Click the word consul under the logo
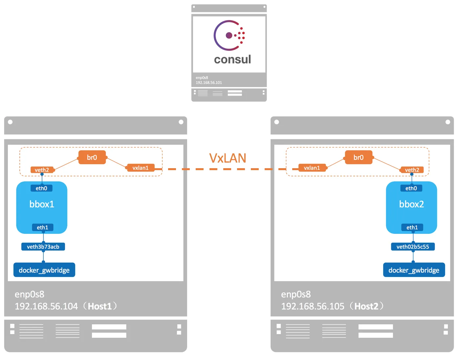232,59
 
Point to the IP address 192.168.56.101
209,83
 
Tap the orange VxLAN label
228,158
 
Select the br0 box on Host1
92,157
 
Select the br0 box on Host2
359,157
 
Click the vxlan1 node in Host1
141,168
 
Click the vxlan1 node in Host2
312,168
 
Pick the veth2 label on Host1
42,170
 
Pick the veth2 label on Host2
412,170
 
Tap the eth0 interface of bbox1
41,188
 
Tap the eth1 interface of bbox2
412,227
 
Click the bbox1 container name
42,204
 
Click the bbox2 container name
411,204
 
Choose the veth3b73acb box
43,247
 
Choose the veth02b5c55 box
413,247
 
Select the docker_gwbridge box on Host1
44,270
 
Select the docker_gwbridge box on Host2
414,270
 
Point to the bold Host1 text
100,306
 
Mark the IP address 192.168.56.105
313,306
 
